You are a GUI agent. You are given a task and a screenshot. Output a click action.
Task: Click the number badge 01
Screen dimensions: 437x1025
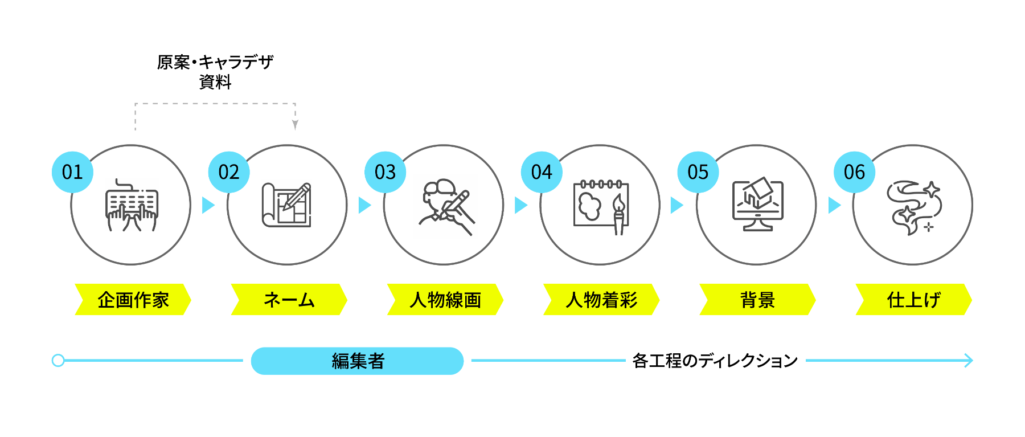click(72, 172)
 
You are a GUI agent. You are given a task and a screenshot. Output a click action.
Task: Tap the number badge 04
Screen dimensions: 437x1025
click(542, 172)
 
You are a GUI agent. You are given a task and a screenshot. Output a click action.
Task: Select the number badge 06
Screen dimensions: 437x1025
click(854, 172)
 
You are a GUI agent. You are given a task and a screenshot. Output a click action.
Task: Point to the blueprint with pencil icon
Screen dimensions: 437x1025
click(287, 205)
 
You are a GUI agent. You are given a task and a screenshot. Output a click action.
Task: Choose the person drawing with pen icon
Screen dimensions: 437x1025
click(445, 207)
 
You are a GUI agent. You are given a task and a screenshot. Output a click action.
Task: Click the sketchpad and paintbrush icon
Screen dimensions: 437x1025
click(600, 206)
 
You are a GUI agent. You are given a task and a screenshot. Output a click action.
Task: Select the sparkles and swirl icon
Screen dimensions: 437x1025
click(913, 207)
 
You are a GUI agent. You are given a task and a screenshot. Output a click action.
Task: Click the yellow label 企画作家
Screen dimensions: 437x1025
click(133, 300)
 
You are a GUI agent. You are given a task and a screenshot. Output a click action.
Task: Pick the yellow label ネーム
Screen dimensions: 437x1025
click(289, 300)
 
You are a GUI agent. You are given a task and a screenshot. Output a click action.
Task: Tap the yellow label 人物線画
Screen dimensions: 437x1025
click(445, 300)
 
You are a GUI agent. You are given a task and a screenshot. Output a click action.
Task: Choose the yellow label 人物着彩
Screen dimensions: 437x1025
click(601, 300)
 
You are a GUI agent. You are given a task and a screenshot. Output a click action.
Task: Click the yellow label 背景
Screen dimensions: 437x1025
click(757, 300)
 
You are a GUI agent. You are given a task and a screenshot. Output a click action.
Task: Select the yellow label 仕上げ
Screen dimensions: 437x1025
click(913, 300)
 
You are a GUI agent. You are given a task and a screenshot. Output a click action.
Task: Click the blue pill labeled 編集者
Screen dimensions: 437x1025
click(358, 361)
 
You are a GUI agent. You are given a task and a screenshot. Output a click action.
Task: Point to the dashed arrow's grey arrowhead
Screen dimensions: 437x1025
click(295, 125)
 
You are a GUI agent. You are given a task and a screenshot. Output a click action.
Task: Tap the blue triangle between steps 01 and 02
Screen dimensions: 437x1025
click(208, 205)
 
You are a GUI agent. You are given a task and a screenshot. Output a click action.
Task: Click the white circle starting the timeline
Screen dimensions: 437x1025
click(58, 361)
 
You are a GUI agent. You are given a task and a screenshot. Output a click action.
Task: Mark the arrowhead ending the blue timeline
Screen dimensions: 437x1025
click(969, 361)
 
